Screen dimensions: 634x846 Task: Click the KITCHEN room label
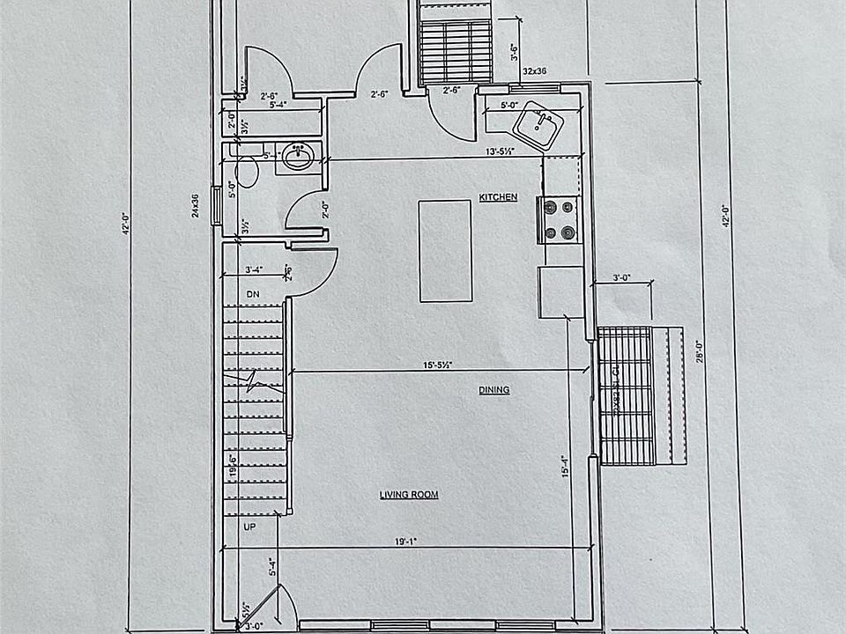pyautogui.click(x=498, y=197)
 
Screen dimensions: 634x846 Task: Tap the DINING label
pyautogui.click(x=494, y=389)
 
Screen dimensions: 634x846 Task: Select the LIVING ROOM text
pyautogui.click(x=409, y=495)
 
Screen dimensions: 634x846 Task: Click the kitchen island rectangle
pyautogui.click(x=445, y=251)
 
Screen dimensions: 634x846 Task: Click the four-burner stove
pyautogui.click(x=560, y=220)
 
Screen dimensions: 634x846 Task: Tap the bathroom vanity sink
pyautogui.click(x=297, y=158)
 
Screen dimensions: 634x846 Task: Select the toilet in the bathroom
pyautogui.click(x=248, y=171)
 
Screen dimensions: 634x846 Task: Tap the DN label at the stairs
pyautogui.click(x=252, y=293)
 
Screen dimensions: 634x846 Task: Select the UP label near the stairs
pyautogui.click(x=249, y=526)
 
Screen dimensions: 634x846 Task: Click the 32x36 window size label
pyautogui.click(x=535, y=70)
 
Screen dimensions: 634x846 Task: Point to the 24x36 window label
pyautogui.click(x=196, y=205)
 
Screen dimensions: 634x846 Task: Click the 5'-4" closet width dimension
pyautogui.click(x=256, y=104)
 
